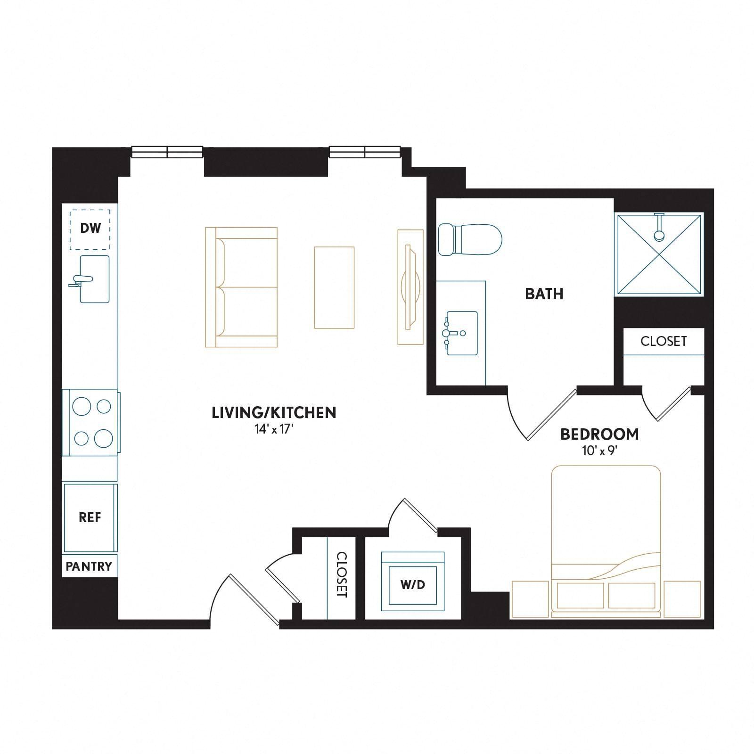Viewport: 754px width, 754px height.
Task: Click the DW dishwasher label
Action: [90, 229]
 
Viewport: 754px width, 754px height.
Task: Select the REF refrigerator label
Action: [90, 517]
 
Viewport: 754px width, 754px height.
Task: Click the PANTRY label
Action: [89, 566]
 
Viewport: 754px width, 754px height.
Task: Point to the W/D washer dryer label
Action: [413, 585]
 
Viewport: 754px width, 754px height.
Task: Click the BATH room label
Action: [544, 294]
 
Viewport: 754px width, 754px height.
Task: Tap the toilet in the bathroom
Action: [470, 240]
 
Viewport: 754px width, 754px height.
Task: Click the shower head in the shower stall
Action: [659, 226]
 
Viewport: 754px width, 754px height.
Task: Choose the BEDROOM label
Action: [599, 434]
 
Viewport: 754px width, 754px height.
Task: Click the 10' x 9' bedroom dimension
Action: [599, 451]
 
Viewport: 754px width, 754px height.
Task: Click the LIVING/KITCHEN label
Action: [274, 412]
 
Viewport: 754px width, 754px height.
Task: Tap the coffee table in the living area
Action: [334, 287]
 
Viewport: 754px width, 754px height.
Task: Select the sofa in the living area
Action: [241, 287]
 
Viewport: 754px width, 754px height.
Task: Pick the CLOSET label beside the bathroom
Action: [664, 341]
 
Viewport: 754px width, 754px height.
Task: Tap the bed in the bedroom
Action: [606, 541]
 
